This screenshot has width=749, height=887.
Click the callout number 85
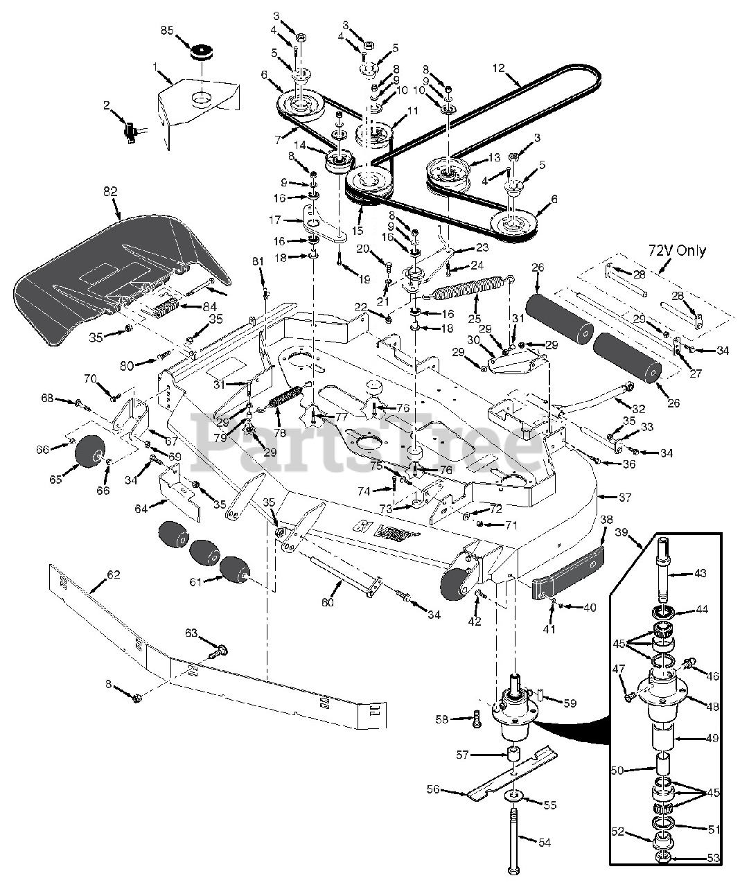click(x=168, y=30)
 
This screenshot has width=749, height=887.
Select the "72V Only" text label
click(x=677, y=251)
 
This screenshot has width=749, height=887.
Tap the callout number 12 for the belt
click(x=499, y=67)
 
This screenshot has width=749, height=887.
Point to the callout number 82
click(x=109, y=191)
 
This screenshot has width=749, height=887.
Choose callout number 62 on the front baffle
click(x=114, y=574)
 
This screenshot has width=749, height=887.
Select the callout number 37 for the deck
click(x=625, y=497)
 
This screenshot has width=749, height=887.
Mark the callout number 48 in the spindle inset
click(x=712, y=706)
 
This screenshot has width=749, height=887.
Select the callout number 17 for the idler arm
click(x=275, y=220)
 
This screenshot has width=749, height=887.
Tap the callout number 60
click(x=328, y=602)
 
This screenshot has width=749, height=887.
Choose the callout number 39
click(x=620, y=533)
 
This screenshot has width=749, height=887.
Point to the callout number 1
click(x=155, y=67)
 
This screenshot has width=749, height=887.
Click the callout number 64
click(x=141, y=508)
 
